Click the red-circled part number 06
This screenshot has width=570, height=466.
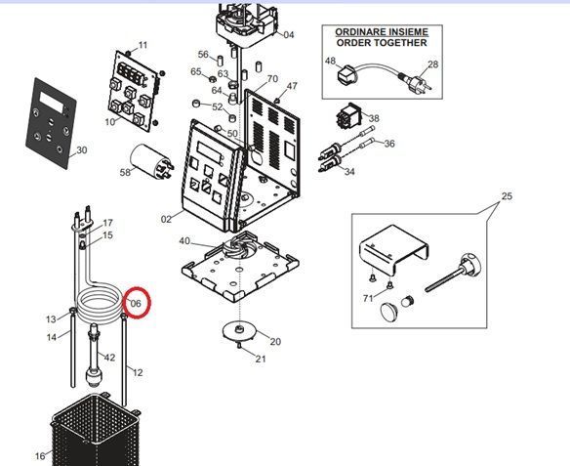(136, 303)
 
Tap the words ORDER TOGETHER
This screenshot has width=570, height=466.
(382, 43)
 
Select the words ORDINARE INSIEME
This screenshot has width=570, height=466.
(382, 32)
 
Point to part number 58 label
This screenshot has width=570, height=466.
(125, 172)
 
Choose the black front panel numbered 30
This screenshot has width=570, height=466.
(51, 123)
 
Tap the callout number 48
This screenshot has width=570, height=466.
(330, 61)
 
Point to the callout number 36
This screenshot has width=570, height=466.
(389, 144)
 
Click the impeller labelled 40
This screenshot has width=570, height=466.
(239, 246)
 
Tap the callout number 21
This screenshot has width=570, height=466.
(261, 360)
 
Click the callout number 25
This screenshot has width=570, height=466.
(507, 196)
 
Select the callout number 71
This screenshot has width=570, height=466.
(368, 298)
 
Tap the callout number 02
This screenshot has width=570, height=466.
(166, 220)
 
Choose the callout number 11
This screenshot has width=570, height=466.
(143, 45)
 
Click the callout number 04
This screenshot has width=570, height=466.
(289, 35)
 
